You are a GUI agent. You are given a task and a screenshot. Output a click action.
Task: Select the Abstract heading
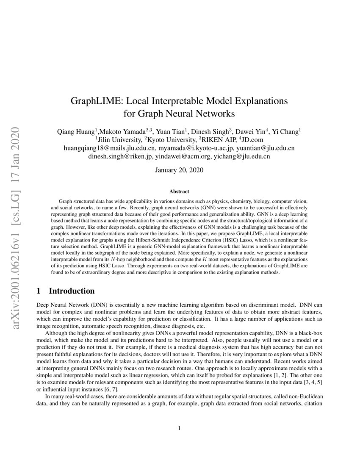click(180, 191)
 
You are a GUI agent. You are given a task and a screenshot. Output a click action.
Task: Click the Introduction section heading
click(72, 291)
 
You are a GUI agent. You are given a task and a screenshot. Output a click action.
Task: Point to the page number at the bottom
click(180, 428)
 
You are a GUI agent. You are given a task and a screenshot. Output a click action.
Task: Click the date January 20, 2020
click(180, 170)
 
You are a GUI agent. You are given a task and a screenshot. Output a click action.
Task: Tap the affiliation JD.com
click(252, 140)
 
